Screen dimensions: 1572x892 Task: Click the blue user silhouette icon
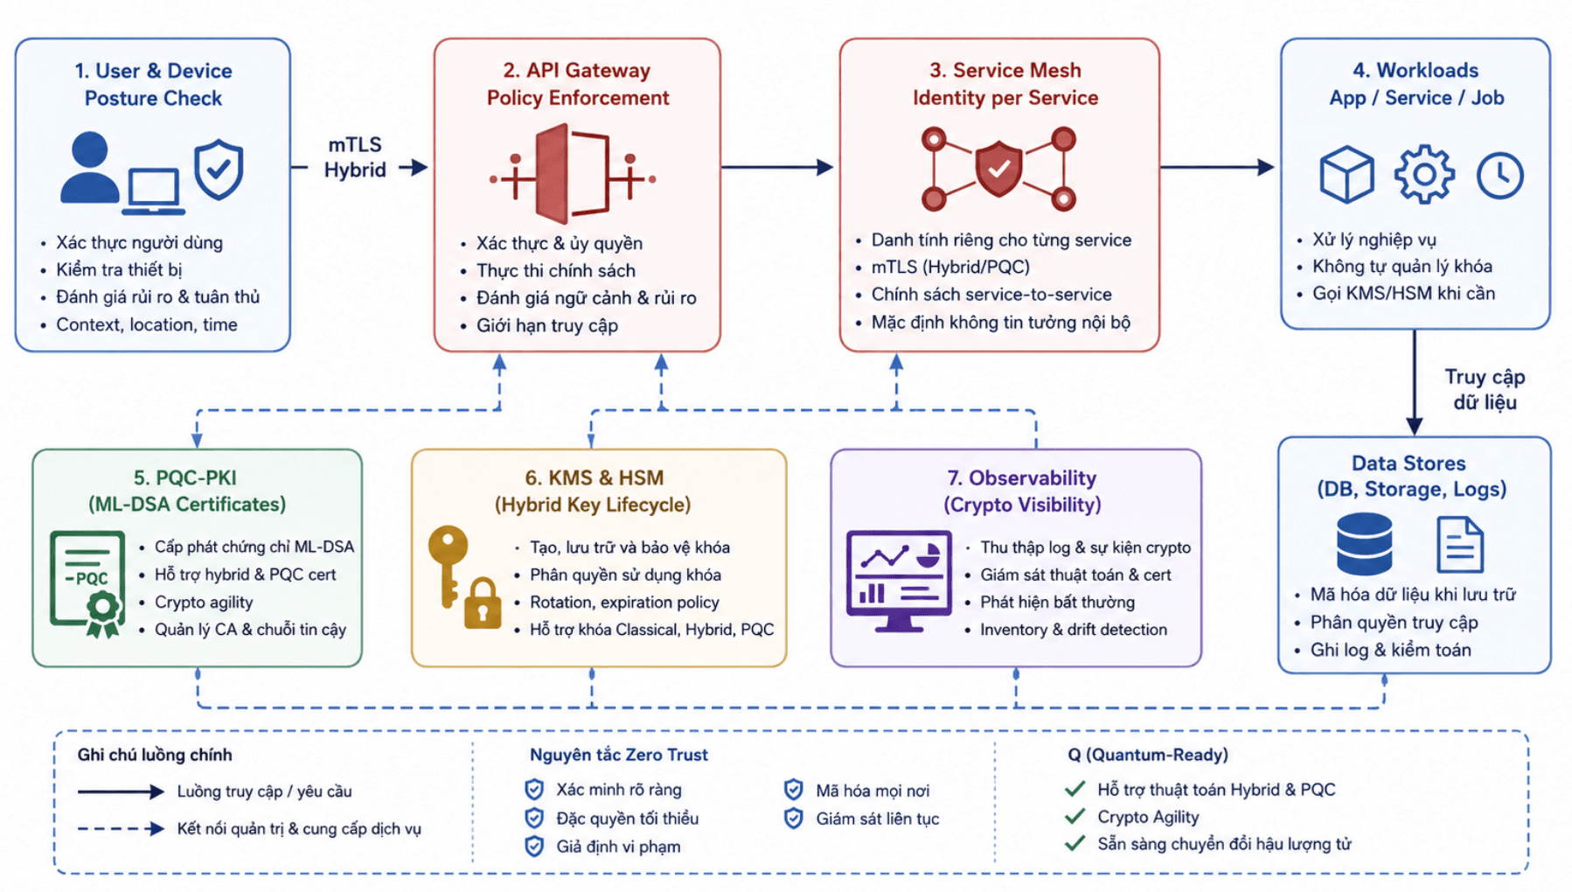89,168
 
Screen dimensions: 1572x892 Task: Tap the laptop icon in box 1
154,191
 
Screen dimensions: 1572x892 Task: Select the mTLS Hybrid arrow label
355,157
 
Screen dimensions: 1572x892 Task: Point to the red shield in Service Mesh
998,169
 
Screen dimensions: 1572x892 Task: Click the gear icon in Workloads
1424,175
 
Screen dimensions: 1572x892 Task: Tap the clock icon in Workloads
1500,176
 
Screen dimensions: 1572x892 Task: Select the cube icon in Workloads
1346,175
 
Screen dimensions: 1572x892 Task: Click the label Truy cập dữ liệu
1485,389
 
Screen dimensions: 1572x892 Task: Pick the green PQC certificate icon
87,584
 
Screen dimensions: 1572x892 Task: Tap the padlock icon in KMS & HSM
483,603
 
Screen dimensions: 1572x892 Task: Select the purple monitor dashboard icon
899,581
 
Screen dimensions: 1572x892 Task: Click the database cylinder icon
1365,545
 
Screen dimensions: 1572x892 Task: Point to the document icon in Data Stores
1460,545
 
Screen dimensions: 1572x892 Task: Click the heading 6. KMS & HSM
595,477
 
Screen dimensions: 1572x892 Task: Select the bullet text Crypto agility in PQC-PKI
204,602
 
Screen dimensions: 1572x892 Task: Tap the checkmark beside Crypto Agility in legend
1075,817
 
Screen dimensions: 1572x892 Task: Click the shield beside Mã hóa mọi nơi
794,791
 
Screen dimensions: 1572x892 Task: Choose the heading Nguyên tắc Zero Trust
619,755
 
